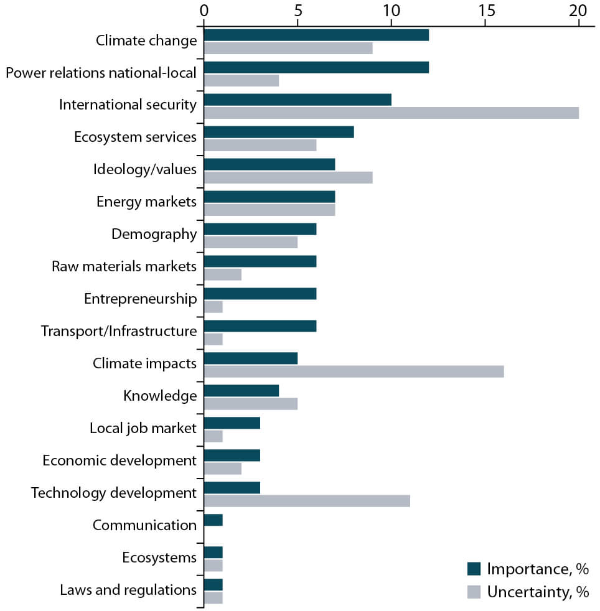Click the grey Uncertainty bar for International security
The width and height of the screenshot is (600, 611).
coord(391,113)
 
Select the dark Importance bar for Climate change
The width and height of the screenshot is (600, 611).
coord(316,35)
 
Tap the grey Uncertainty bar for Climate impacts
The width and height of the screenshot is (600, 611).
coord(354,371)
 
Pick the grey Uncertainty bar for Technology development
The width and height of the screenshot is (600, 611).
coord(307,501)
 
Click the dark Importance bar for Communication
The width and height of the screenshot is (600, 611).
coord(213,520)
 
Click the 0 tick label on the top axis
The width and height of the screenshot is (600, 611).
coord(204,11)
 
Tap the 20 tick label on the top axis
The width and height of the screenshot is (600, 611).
coord(579,11)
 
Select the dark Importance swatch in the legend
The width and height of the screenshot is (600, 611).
coord(474,569)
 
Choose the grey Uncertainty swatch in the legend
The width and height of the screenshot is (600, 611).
coord(474,592)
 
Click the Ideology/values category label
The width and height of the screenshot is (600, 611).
coord(145,169)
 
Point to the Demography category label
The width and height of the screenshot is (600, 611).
coord(154,234)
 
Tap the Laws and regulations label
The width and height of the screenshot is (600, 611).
coord(128,590)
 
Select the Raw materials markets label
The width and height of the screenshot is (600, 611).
coord(124,266)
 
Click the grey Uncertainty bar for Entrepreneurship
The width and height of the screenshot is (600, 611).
coord(213,307)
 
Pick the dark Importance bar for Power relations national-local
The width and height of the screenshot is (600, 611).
coord(316,67)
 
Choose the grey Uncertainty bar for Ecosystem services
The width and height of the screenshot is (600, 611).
coord(260,145)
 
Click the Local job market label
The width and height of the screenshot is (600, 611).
coord(143,428)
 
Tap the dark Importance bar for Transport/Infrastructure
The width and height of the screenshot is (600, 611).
coord(260,326)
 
